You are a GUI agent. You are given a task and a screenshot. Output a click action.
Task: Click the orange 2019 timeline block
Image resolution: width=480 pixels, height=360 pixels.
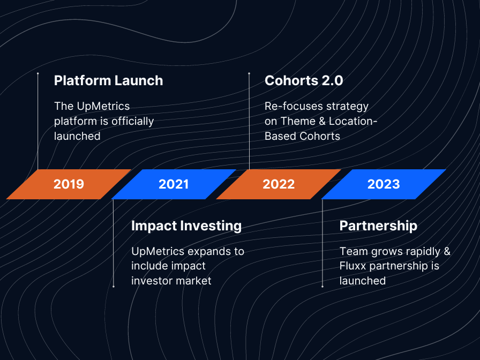[69, 184]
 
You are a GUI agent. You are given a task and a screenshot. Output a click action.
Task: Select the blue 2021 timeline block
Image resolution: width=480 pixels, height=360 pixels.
[174, 184]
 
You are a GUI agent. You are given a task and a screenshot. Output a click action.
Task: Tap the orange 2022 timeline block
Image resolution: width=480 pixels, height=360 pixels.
[279, 184]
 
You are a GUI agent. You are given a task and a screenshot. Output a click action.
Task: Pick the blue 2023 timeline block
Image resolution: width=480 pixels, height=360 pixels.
[384, 184]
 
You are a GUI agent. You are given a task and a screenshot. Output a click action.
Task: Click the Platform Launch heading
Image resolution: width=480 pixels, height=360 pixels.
[108, 80]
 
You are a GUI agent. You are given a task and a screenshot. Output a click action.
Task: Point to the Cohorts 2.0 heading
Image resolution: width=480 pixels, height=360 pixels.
[304, 80]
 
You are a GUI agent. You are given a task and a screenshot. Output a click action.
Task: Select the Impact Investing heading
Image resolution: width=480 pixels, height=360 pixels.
[186, 226]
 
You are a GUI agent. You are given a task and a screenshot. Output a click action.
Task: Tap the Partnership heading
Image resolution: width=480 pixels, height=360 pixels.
[378, 226]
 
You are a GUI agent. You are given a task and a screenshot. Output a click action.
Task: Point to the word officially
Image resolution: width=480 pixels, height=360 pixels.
[132, 121]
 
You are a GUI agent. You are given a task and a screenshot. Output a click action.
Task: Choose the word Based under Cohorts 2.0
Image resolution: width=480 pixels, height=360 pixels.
[280, 136]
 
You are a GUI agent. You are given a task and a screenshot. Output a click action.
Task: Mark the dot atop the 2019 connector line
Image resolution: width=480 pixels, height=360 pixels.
[37, 73]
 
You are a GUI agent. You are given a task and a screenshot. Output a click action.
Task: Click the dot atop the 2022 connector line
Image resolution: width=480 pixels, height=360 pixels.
[249, 73]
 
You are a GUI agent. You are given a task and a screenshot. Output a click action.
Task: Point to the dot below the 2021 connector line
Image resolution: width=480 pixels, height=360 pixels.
[113, 287]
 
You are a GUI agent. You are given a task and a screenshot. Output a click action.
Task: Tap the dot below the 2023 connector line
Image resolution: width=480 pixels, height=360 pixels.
[322, 287]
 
